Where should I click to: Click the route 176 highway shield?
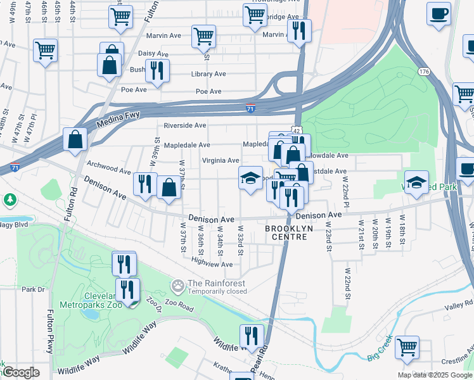click(424, 72)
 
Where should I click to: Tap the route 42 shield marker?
click(296, 129)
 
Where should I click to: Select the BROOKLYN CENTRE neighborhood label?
click(286, 232)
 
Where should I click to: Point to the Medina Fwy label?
click(114, 118)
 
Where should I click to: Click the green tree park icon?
click(10, 200)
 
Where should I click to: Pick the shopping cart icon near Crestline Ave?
click(407, 346)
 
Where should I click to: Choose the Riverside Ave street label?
click(185, 125)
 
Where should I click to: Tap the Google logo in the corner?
click(20, 372)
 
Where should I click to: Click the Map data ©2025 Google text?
click(434, 375)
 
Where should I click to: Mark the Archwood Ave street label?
click(108, 167)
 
